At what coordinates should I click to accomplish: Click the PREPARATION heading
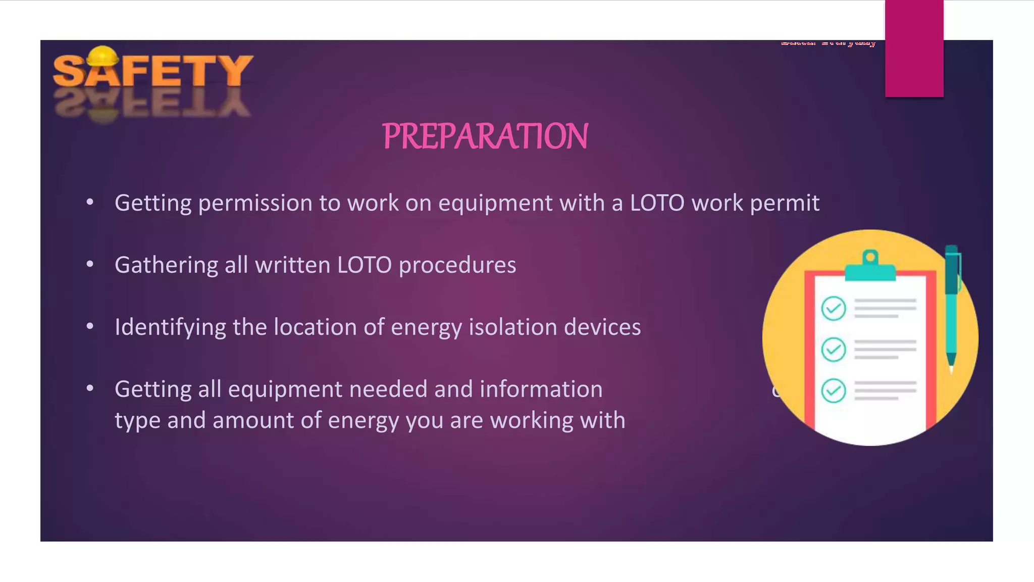click(485, 136)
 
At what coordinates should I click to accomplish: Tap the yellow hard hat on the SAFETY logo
click(102, 57)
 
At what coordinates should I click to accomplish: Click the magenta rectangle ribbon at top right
click(914, 48)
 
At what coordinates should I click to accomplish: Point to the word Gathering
click(166, 265)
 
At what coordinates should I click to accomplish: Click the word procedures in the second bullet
click(457, 265)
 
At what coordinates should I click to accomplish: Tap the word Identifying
click(170, 327)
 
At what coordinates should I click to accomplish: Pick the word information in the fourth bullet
click(541, 389)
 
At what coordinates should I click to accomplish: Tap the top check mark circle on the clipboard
click(834, 308)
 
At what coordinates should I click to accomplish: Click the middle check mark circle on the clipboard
click(834, 349)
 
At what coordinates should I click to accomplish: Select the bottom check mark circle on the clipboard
click(834, 391)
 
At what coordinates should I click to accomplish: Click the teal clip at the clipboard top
click(870, 268)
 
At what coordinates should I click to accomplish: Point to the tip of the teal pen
click(952, 371)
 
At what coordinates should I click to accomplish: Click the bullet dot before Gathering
click(90, 264)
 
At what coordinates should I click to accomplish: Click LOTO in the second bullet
click(364, 265)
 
